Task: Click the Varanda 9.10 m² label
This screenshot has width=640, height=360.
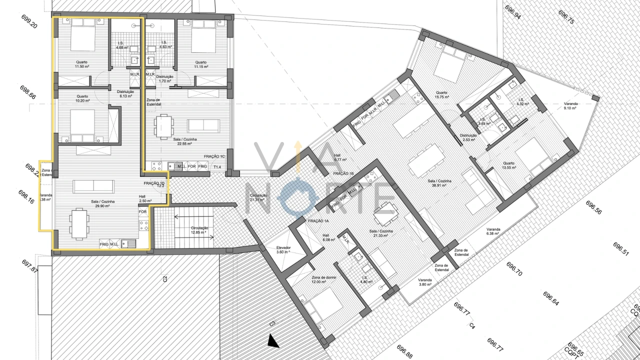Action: (x=570, y=106)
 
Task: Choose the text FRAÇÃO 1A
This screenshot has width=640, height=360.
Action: (x=318, y=220)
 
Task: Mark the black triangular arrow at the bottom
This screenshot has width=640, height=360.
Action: (x=273, y=341)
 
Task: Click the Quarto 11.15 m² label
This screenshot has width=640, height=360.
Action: (x=201, y=64)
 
